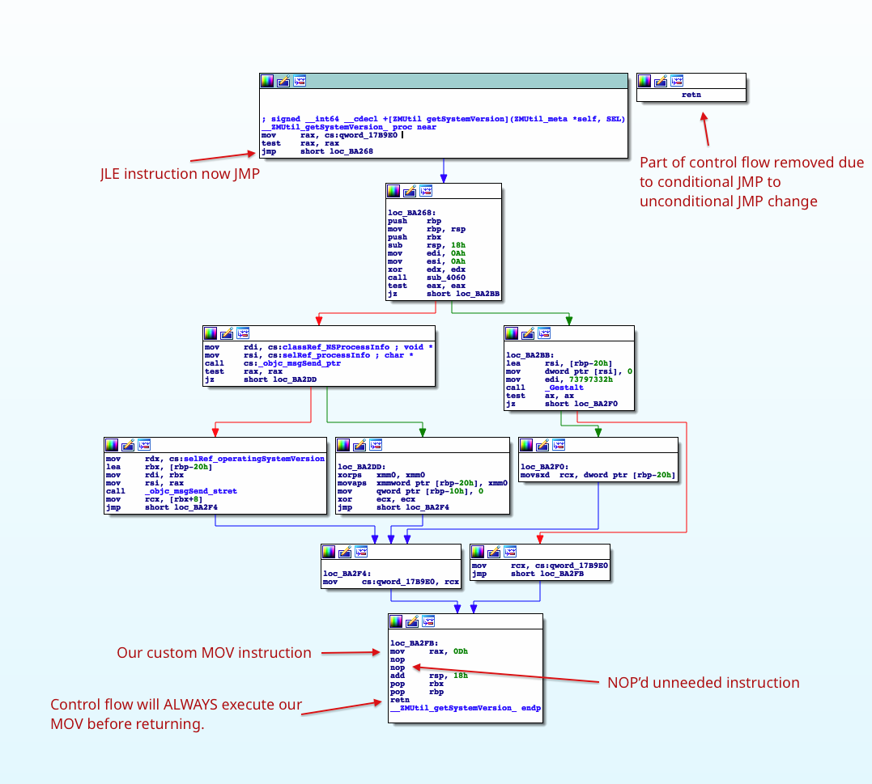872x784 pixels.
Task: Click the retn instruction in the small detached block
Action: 691,95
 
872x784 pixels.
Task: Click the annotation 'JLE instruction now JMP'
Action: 180,173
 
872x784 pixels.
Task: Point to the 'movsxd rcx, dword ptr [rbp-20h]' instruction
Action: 598,475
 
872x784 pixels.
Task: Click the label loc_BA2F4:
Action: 347,573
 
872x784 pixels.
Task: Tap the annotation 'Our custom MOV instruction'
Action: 214,652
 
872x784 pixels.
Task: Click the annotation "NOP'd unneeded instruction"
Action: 703,682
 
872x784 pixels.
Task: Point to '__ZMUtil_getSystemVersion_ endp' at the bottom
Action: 465,708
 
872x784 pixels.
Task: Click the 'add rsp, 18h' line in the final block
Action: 421,676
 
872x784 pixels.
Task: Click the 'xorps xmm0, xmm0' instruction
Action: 381,475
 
